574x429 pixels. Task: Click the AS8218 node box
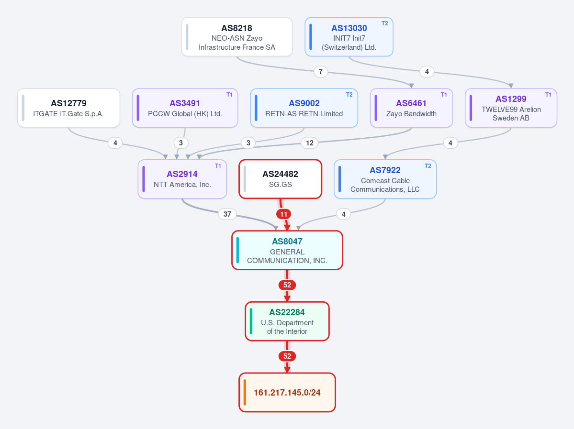(x=237, y=37)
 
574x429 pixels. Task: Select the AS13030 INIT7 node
(x=349, y=37)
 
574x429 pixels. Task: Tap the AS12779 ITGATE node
(x=69, y=108)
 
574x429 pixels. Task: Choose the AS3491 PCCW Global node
(x=185, y=108)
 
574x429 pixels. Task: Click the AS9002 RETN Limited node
(x=304, y=108)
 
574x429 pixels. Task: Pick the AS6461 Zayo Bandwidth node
(x=411, y=108)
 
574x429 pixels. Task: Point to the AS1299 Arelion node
(x=511, y=108)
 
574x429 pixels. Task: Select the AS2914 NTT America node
(x=182, y=179)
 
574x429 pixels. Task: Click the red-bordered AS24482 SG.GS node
(x=281, y=179)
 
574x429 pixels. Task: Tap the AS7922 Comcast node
(x=385, y=179)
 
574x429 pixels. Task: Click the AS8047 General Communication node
(x=287, y=250)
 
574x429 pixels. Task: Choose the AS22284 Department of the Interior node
(x=287, y=321)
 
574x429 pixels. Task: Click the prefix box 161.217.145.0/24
(x=287, y=393)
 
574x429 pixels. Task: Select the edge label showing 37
(x=227, y=214)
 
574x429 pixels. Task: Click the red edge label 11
(x=284, y=214)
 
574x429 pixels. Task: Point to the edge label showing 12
(x=310, y=143)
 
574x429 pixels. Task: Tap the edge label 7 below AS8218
(x=321, y=72)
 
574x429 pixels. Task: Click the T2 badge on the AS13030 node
(x=385, y=23)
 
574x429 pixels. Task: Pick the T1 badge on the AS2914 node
(x=218, y=165)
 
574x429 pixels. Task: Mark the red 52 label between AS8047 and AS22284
(x=287, y=285)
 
